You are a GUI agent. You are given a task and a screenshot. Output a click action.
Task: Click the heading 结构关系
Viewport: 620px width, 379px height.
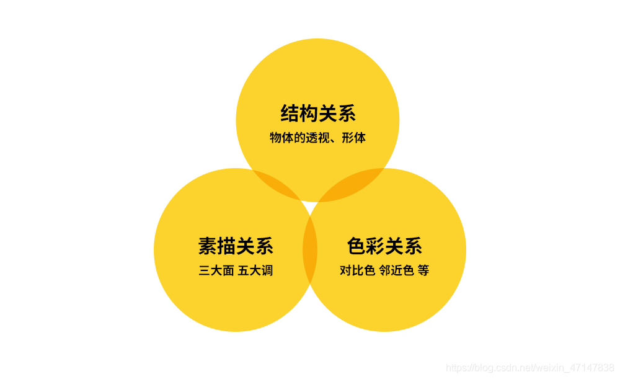[x=317, y=114]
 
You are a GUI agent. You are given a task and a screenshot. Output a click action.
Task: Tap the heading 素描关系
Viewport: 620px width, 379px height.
[x=236, y=246]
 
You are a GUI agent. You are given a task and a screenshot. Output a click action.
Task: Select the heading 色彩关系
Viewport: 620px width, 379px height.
[x=384, y=246]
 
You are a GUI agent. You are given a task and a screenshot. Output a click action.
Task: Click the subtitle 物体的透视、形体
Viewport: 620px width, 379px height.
[x=317, y=138]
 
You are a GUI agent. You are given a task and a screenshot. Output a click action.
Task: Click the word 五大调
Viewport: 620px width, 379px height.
[x=255, y=270]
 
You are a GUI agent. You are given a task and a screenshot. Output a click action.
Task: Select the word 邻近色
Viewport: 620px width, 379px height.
[x=396, y=270]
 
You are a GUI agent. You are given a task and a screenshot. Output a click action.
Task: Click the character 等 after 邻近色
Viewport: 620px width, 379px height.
[x=423, y=270]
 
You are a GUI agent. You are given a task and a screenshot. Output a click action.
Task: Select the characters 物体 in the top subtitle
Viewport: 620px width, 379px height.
[x=282, y=138]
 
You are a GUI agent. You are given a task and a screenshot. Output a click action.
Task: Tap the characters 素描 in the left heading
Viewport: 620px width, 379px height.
[x=216, y=246]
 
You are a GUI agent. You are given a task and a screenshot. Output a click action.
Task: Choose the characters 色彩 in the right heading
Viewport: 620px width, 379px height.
[x=365, y=246]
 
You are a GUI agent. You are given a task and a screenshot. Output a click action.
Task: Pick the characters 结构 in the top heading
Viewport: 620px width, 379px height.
[x=299, y=114]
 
